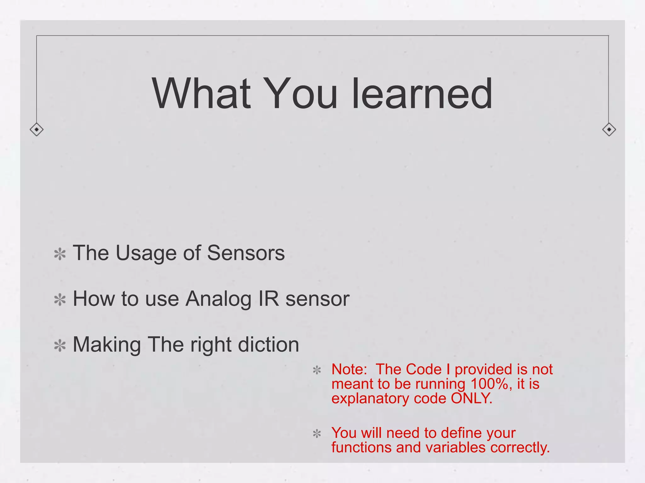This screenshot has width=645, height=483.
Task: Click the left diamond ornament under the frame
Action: (x=37, y=129)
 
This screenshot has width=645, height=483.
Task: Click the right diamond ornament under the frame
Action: (x=609, y=129)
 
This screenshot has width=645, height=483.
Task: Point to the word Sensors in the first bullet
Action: (x=246, y=253)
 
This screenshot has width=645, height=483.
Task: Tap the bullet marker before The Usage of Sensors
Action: (x=60, y=254)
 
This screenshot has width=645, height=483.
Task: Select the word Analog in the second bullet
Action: (x=218, y=299)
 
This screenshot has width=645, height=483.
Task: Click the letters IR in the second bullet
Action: (x=269, y=298)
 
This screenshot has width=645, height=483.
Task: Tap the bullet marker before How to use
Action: (x=60, y=300)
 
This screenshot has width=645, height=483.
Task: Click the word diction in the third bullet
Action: (x=268, y=344)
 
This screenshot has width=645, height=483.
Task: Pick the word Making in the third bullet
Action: (x=107, y=345)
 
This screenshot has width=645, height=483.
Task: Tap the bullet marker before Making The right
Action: (x=60, y=346)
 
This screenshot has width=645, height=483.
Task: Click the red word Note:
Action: (x=349, y=369)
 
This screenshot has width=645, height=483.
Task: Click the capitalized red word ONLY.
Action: (x=471, y=398)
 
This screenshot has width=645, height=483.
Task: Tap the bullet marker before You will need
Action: (x=317, y=434)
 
